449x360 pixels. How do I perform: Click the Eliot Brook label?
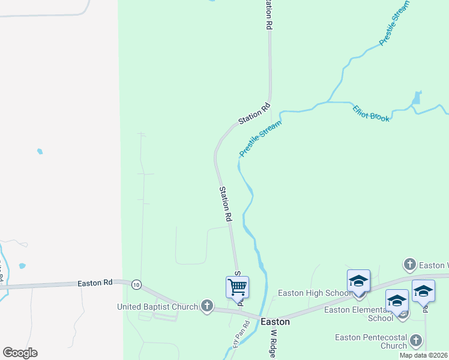[371, 113]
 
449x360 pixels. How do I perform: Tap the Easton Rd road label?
[95, 283]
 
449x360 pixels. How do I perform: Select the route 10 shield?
[137, 285]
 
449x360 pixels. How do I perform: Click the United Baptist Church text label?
[158, 307]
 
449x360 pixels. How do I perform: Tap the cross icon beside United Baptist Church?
[207, 307]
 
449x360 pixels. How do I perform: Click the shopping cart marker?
[237, 287]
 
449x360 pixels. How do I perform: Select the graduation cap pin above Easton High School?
[358, 281]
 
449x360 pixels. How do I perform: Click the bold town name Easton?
[276, 322]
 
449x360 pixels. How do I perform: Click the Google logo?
[20, 353]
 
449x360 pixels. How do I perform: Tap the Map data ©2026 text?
[423, 355]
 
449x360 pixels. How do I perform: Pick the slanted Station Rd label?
[255, 114]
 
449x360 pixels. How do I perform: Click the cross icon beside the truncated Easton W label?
[409, 264]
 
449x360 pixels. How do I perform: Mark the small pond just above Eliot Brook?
[417, 98]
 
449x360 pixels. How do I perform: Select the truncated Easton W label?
[433, 265]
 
